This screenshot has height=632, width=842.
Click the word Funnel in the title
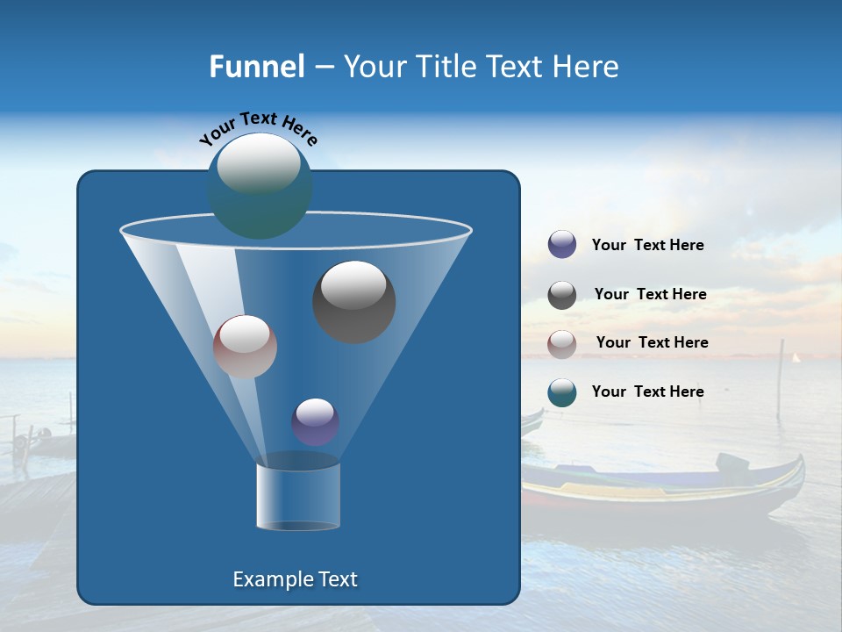(x=256, y=67)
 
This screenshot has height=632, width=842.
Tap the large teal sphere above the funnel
(x=260, y=185)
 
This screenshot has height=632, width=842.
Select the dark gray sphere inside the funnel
(x=354, y=301)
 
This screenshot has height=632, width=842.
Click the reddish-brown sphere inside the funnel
(x=245, y=347)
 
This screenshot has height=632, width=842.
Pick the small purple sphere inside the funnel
(x=315, y=421)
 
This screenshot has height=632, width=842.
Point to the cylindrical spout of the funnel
(x=297, y=497)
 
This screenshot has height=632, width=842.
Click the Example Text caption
(x=295, y=579)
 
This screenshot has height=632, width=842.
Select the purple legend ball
(x=562, y=245)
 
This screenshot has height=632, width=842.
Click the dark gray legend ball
(x=562, y=295)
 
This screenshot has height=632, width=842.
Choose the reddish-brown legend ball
(x=562, y=344)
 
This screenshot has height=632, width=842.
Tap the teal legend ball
(x=562, y=392)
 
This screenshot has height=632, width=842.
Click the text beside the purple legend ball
(x=647, y=246)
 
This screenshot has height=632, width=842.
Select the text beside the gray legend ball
(x=650, y=295)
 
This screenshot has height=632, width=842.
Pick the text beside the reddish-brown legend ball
(x=652, y=343)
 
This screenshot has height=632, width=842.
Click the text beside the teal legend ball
(x=647, y=392)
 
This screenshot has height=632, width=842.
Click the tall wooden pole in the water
(x=780, y=377)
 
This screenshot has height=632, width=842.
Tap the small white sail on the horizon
(x=796, y=357)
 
